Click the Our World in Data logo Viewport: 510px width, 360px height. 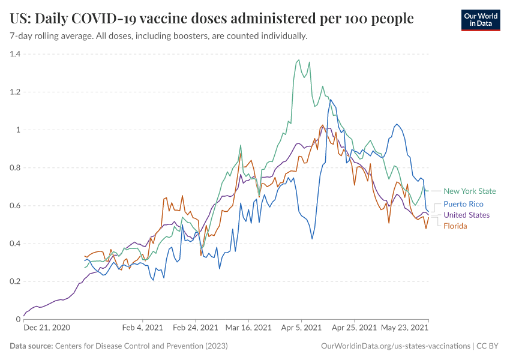point(480,20)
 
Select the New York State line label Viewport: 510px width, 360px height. point(470,191)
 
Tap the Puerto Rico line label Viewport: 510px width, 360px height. point(463,204)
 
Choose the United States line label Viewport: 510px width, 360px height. point(466,215)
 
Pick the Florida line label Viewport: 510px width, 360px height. point(455,226)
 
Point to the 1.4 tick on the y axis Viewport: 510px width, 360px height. point(14,54)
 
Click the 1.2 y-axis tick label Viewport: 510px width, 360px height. point(14,92)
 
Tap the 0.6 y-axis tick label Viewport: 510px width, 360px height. point(14,206)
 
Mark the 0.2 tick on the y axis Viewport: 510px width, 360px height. point(14,281)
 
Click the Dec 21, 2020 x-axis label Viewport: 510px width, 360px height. point(47,328)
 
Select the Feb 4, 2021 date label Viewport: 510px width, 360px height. point(142,328)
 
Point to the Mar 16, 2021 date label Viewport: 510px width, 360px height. point(249,328)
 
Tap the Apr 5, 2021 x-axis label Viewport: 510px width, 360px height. point(301,328)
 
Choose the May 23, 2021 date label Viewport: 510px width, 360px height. point(404,328)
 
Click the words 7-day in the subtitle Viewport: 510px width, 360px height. point(22,36)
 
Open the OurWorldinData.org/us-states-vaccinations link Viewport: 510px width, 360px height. point(396,346)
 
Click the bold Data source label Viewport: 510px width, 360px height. point(31,346)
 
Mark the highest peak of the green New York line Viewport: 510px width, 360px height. point(299,60)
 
